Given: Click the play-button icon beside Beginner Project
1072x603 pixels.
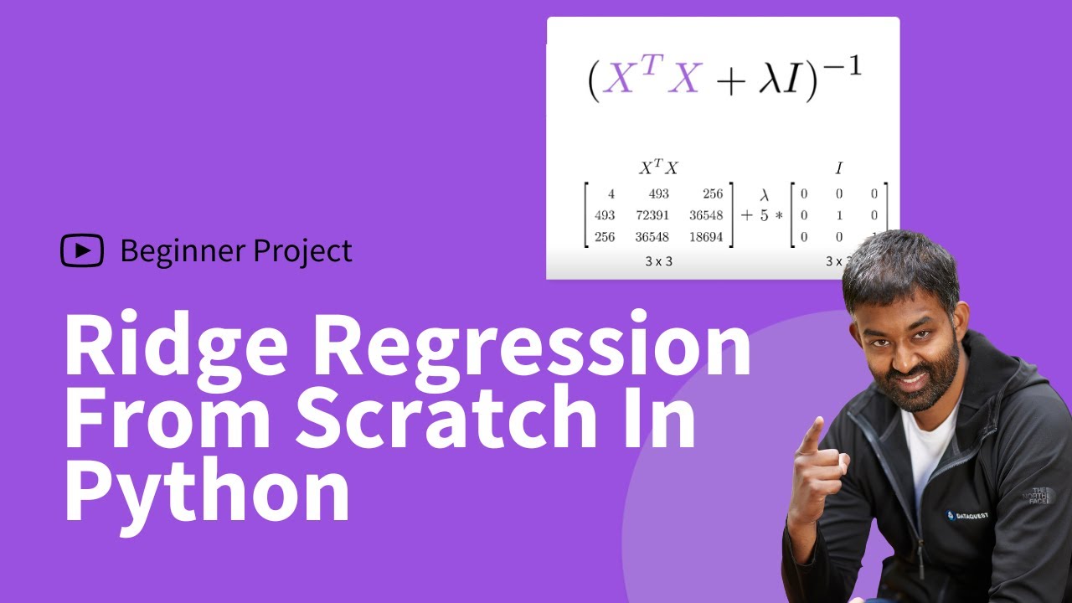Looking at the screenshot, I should pyautogui.click(x=82, y=250).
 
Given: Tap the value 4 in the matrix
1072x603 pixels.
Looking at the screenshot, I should pyautogui.click(x=611, y=194).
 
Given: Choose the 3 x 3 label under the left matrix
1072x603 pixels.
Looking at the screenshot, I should pyautogui.click(x=658, y=261).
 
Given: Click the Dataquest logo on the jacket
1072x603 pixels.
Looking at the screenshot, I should pyautogui.click(x=966, y=515).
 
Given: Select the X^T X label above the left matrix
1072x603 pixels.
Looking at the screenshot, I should pyautogui.click(x=658, y=168).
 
